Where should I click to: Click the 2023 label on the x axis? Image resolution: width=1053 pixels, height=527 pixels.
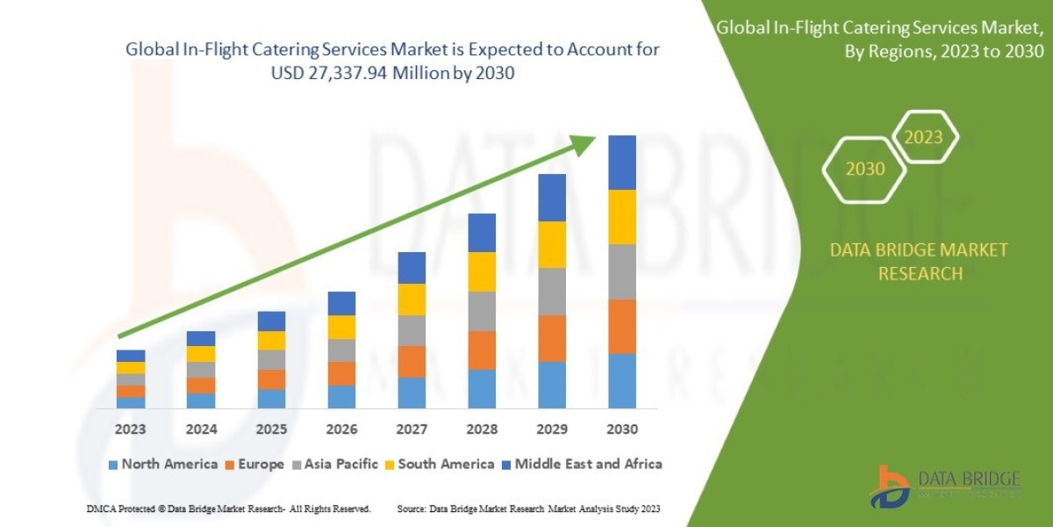click(x=130, y=430)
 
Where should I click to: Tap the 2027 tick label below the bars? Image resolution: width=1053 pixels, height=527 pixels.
click(x=411, y=430)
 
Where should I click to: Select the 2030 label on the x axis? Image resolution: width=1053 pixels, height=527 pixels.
click(x=621, y=430)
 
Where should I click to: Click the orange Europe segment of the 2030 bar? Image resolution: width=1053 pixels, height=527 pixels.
click(x=621, y=327)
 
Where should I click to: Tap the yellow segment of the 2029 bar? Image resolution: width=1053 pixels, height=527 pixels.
click(x=551, y=245)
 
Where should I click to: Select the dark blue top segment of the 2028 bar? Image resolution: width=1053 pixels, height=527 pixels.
click(x=481, y=233)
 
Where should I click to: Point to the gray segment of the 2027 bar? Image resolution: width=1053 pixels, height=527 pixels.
click(x=411, y=330)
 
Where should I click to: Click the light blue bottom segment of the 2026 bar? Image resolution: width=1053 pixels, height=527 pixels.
click(x=340, y=397)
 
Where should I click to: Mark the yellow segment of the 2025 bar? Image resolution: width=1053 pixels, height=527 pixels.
click(x=270, y=341)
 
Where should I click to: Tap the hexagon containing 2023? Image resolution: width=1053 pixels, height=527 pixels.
click(x=923, y=137)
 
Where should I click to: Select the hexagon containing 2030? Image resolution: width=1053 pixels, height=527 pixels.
click(x=864, y=169)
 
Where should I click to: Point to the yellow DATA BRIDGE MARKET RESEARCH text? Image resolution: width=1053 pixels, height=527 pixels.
click(x=919, y=262)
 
